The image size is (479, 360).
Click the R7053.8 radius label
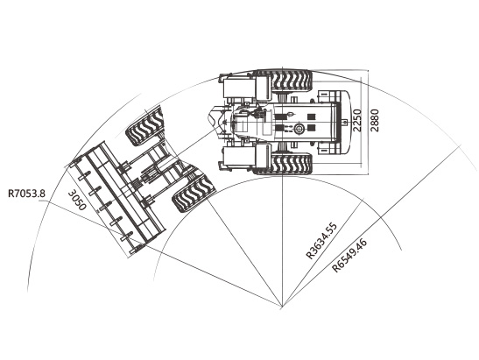[x=26, y=194]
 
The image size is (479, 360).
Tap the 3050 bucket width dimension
[x=76, y=201]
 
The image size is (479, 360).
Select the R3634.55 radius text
[x=321, y=241]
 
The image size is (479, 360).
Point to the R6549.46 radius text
[x=349, y=256]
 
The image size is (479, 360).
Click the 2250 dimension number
[x=356, y=120]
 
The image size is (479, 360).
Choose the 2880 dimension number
[x=374, y=120]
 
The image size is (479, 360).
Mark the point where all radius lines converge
[x=282, y=306]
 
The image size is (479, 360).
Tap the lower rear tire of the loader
[x=292, y=164]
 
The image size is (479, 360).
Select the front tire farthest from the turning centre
[x=146, y=127]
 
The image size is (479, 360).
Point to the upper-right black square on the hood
[x=311, y=116]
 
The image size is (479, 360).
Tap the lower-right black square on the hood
[x=311, y=127]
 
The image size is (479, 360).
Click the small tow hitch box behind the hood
[x=344, y=123]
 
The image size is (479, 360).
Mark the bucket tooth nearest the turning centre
[x=134, y=249]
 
